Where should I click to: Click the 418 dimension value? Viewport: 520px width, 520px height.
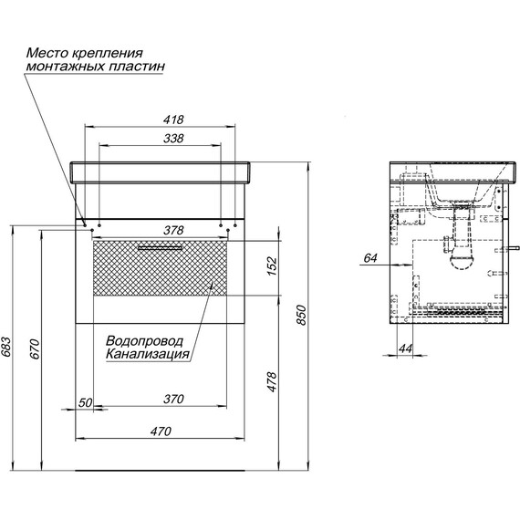coord(173,120)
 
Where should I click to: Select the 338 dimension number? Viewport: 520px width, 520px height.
coord(173,138)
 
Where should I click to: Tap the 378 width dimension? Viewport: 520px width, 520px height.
coord(173,230)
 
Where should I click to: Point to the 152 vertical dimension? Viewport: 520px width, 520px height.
coord(272,266)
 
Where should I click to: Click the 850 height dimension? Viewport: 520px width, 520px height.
coord(301,315)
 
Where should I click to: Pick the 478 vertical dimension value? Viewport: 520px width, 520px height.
coord(272,382)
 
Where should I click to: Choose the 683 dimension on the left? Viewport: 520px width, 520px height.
coord(5,348)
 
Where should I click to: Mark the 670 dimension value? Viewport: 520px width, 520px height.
coord(35,348)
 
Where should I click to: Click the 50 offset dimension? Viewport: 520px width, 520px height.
coord(85,402)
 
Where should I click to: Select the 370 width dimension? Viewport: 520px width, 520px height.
coord(173,399)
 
